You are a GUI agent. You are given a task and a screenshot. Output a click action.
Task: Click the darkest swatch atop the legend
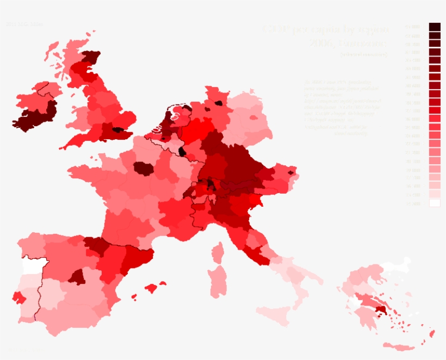click(434, 27)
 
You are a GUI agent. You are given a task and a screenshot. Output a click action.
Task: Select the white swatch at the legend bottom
click(434, 203)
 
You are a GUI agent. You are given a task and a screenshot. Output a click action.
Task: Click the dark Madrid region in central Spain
click(78, 277)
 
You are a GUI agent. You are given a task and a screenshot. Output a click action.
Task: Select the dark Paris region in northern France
click(143, 168)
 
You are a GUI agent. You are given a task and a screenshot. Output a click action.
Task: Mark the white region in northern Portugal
click(33, 265)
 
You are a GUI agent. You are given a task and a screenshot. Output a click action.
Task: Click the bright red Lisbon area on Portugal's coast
click(17, 297)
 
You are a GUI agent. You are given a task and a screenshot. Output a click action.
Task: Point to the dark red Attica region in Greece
click(380, 309)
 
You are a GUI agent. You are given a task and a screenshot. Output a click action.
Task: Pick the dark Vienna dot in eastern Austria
click(290, 172)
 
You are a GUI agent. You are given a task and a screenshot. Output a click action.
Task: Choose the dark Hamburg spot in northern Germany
click(219, 102)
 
